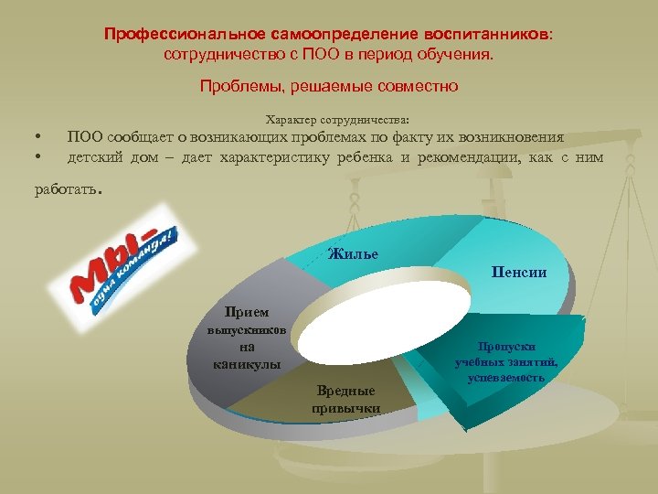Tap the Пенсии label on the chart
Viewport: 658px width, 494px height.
[518, 272]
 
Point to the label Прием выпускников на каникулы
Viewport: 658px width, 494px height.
[247, 338]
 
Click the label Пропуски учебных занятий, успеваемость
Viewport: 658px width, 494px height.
[505, 361]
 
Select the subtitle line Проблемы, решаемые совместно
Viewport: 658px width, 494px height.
[328, 87]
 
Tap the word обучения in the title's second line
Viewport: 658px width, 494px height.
[459, 55]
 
